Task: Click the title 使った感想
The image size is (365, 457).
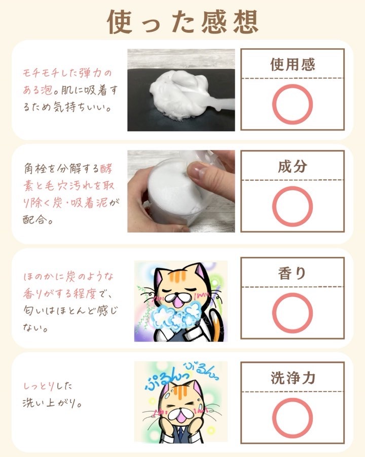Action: point(182,22)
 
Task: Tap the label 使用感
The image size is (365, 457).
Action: point(293,64)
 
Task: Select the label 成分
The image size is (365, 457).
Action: point(293,167)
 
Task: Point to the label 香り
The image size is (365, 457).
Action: point(292,273)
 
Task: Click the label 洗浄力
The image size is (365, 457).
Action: point(293,378)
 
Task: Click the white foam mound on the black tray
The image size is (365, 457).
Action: point(177,95)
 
